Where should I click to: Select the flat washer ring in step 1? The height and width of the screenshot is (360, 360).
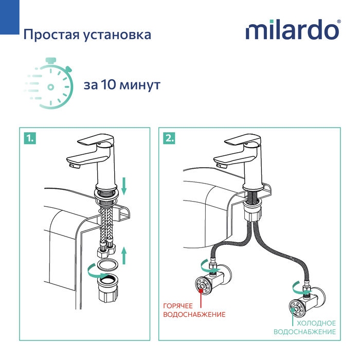108,265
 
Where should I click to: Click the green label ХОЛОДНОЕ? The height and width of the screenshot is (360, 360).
315,323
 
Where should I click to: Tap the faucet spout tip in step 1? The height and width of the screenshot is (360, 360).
72,165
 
